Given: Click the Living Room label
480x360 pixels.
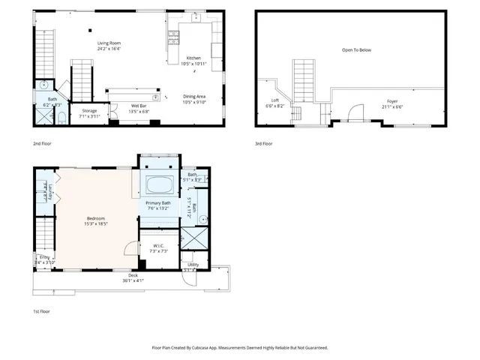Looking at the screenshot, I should coord(109,43).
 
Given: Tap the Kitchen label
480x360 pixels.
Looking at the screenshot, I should coord(193,58).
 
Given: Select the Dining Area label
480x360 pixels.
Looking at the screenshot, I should coord(194,95).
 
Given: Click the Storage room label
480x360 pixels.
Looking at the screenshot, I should coord(89,110).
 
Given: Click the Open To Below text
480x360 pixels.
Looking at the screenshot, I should coord(356,50).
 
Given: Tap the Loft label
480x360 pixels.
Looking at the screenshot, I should coord(275,100).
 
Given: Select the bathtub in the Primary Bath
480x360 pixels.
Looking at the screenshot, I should coord(158,184).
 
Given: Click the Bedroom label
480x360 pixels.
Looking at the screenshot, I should coord(95,218).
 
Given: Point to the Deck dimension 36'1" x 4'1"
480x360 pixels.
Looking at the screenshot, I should coord(133,280).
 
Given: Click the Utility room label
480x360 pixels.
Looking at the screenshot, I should coord(193,265).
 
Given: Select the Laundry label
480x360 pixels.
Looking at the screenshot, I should coord(46,196).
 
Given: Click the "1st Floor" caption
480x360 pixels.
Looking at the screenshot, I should coord(41,310).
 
